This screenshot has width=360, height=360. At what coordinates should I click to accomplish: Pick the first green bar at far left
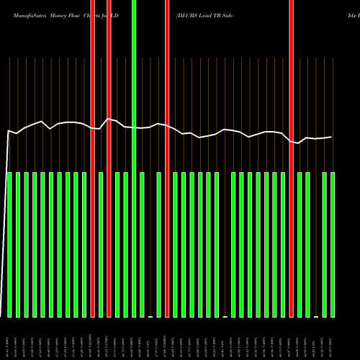point(10,245)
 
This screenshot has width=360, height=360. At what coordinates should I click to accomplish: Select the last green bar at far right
point(333,245)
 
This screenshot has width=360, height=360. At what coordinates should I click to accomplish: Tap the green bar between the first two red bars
point(101,245)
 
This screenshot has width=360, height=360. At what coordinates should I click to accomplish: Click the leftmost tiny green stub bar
point(150,316)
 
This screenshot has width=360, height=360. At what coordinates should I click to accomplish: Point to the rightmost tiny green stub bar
point(316,316)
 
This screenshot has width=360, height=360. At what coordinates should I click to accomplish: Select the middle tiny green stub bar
point(225,316)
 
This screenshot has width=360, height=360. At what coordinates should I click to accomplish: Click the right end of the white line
point(331,137)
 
